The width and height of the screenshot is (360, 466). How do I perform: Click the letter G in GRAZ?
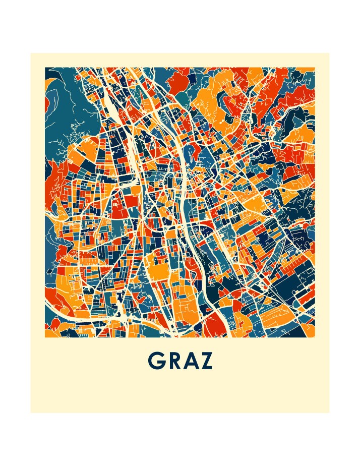(157, 360)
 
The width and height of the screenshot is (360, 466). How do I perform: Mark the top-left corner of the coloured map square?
(45, 67)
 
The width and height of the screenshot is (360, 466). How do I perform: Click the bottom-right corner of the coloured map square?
(315, 337)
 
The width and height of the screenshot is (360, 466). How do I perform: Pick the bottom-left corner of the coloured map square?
(45, 337)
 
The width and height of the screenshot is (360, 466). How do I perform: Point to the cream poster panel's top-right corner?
(329, 53)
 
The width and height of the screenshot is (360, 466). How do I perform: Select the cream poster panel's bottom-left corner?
(30, 413)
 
